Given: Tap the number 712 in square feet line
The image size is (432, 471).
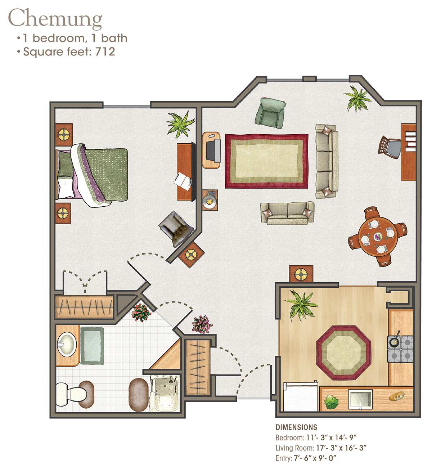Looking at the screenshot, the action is [x=105, y=51].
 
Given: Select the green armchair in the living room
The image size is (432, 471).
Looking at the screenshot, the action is [x=270, y=113].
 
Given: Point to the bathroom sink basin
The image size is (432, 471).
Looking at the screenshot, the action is [x=67, y=345].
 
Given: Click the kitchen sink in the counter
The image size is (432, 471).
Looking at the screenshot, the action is [x=360, y=399].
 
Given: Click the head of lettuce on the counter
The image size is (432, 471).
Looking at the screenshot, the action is [x=331, y=402].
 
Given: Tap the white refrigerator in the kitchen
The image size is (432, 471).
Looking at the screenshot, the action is [x=300, y=396].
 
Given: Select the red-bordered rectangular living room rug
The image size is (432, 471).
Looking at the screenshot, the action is [x=267, y=161].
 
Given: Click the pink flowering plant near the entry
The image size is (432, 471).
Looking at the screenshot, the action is [x=202, y=324].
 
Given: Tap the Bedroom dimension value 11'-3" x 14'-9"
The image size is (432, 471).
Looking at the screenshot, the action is [x=331, y=438].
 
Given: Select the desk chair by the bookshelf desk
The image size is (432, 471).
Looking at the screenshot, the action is [x=390, y=147].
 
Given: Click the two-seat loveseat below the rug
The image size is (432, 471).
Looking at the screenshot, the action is [x=287, y=213].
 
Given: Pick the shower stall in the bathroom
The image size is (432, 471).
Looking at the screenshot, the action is [x=165, y=393].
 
